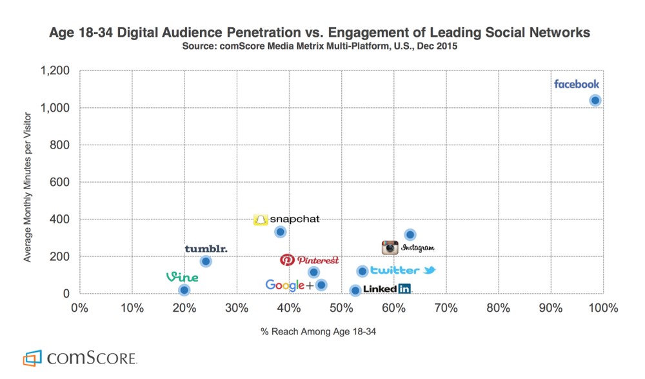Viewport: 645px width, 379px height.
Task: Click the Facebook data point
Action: [x=595, y=100]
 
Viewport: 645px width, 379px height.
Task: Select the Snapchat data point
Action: [x=280, y=232]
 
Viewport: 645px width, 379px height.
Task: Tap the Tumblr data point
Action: [x=206, y=261]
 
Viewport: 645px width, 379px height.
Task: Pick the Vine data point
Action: [x=184, y=291]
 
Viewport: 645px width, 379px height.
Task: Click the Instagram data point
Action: [x=410, y=234]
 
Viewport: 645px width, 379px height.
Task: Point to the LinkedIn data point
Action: [x=355, y=291]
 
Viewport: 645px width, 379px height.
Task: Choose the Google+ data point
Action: [x=321, y=285]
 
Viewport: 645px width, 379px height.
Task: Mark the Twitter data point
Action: [x=362, y=271]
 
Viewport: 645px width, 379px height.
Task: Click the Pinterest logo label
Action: [x=310, y=260]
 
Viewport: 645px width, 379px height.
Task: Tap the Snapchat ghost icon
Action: [x=260, y=220]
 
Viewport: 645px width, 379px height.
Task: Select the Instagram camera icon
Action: [x=390, y=247]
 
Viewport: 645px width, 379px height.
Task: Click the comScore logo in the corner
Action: [x=80, y=358]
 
